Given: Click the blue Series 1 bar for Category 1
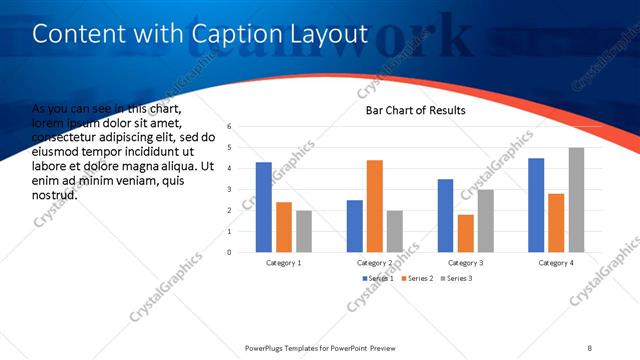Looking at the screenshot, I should pos(264,207).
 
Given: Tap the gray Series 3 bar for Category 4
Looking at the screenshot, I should pos(576,200).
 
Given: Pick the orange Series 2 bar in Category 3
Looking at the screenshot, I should pos(466,233).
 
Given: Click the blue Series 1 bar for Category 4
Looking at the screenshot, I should pos(536,205).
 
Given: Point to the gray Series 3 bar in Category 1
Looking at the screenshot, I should pos(304,231).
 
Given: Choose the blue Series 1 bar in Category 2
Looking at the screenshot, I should pos(355,226).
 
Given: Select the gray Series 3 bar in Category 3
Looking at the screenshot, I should pos(485,221).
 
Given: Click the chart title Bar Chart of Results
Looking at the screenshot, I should pos(415,110).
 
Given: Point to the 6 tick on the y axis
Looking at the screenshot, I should pos(230,127).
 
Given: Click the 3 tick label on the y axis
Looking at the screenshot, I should pos(230,189).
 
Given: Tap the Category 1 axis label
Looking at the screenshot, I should pos(283,262).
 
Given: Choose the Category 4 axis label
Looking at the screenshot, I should pos(556,262).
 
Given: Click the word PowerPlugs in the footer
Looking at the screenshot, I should pos(268,348).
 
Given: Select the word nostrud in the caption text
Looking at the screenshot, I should pos(56,195).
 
